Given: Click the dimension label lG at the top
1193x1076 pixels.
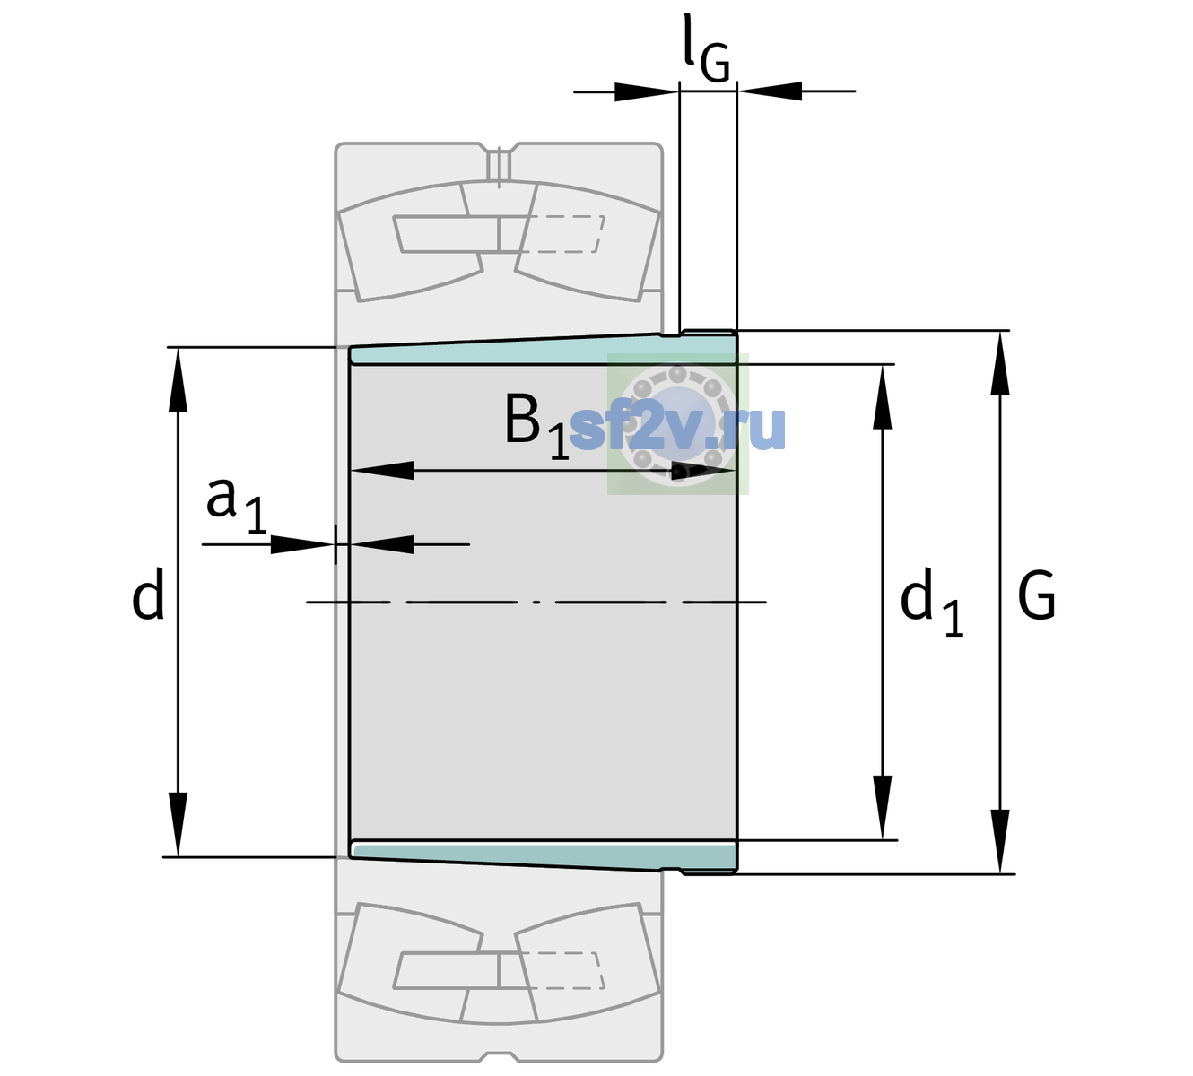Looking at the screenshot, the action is [x=706, y=49].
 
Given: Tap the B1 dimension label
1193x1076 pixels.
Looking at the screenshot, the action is [x=536, y=426].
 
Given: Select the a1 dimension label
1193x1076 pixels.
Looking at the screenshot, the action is [x=236, y=506].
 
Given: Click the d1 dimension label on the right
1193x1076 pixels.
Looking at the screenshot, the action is [x=932, y=602].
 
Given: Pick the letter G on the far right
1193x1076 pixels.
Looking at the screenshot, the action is [x=1037, y=595].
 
